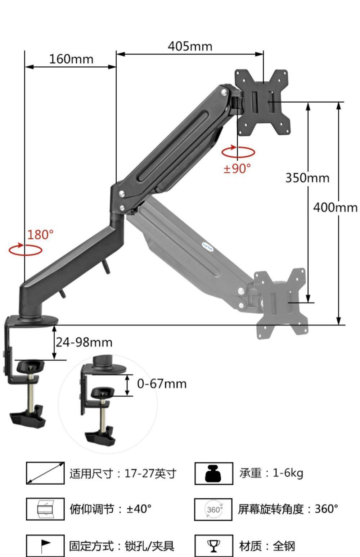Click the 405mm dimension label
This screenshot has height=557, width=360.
190,46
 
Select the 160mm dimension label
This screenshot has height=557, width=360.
71,59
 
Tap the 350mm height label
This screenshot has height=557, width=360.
307,178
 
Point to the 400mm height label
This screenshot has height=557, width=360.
335,207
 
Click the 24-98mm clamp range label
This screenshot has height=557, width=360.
84,342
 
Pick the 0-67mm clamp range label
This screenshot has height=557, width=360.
162,384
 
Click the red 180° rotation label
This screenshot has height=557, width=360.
40,235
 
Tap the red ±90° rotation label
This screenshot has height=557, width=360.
237,169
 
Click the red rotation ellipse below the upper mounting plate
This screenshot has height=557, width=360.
238,157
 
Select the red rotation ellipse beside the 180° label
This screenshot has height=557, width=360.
25,255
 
